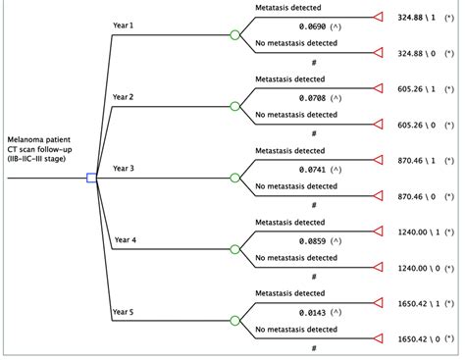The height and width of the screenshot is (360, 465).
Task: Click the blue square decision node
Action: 91,178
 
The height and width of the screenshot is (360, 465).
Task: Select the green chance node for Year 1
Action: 234,35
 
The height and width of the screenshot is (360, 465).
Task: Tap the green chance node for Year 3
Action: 234,178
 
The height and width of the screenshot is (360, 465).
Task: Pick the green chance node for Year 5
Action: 234,320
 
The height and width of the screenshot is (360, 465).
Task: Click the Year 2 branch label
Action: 124,98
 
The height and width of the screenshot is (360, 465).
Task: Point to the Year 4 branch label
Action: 126,239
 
